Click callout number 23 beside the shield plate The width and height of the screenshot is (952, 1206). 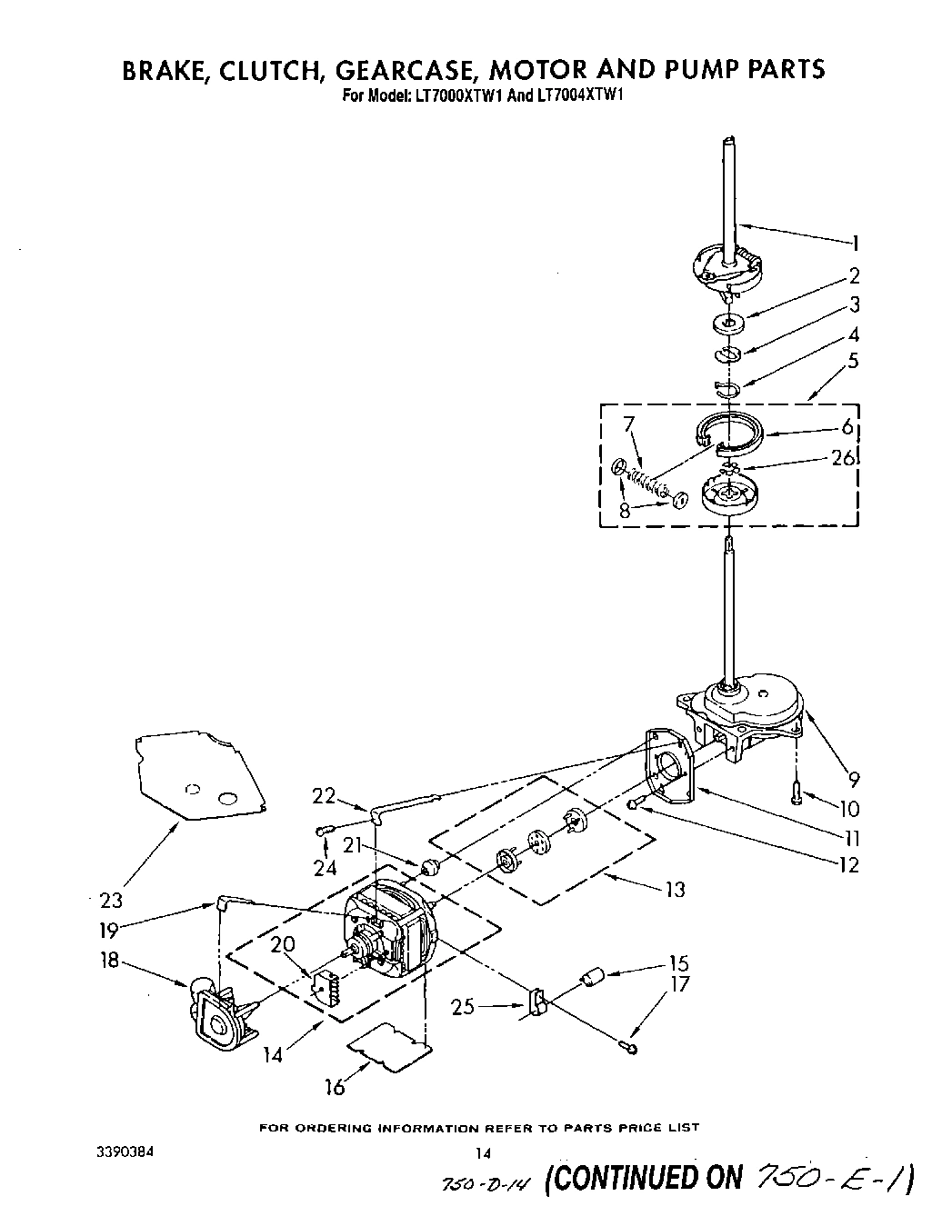point(111,901)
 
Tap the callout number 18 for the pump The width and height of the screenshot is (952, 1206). point(110,960)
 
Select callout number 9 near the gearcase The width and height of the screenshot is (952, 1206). point(854,778)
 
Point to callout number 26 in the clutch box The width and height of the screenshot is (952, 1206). point(843,458)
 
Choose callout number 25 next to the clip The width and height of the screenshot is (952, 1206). point(463,1006)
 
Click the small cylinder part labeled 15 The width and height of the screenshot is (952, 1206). point(594,979)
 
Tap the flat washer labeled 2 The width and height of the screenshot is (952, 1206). point(729,321)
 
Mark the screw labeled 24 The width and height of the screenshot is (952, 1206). point(325,831)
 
